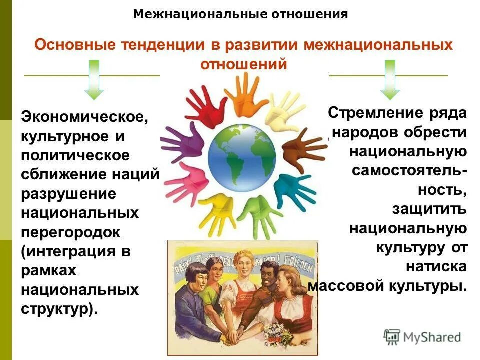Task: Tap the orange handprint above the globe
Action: (245, 92)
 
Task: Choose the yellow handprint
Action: (215, 212)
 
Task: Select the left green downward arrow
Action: (94, 80)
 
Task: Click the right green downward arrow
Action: (390, 80)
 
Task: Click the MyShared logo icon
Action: (392, 336)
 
